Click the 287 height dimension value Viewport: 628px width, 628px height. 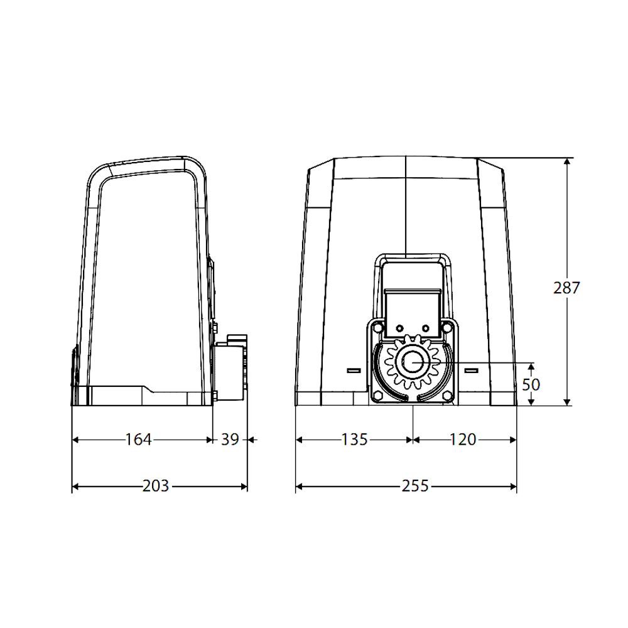pos(566,288)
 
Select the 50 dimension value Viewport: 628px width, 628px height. pos(531,384)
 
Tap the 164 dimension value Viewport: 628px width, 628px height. pos(139,440)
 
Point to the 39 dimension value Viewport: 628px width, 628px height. pos(230,440)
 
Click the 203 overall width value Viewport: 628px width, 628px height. pos(156,486)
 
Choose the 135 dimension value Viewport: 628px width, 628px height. pos(354,440)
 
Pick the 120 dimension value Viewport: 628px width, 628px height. pos(463,440)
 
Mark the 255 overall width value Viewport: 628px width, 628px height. pos(415,486)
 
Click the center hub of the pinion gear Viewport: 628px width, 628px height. pos(412,362)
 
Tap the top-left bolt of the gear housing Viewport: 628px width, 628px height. pos(377,328)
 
